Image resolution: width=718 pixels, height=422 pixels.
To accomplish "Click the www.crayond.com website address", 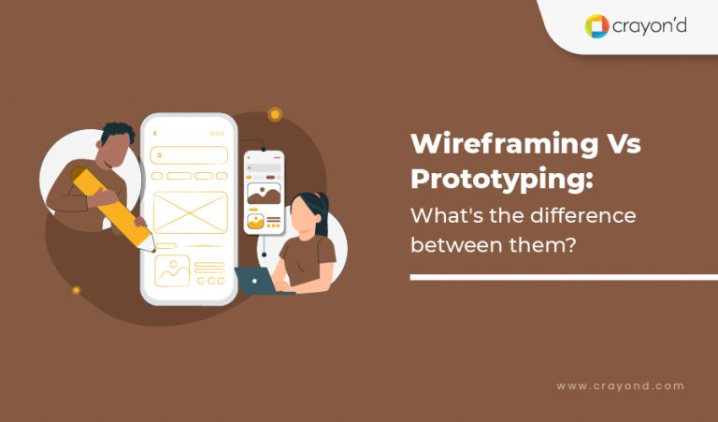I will [x=620, y=386].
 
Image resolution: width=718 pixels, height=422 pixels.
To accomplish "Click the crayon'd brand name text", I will [x=649, y=25].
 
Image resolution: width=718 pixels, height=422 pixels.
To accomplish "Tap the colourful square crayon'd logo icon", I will [x=596, y=25].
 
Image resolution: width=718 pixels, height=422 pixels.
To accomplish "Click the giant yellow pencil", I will [x=111, y=206].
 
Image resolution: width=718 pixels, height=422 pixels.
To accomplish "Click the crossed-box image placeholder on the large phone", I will [x=190, y=211].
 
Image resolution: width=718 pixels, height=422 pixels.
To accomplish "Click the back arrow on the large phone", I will [x=155, y=133].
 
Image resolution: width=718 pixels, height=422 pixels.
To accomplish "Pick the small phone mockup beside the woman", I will [x=264, y=192].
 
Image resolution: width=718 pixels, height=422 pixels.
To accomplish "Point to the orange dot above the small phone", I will [x=275, y=114].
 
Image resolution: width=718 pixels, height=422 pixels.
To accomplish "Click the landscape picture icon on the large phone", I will [x=172, y=270].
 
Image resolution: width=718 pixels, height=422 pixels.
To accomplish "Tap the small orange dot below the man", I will [x=77, y=290].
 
